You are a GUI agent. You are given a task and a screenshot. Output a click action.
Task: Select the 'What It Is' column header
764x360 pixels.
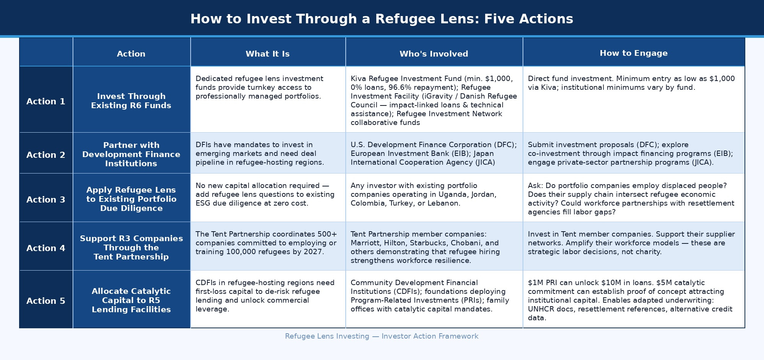click(267, 54)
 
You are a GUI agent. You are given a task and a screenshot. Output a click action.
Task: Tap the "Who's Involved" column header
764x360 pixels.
click(434, 54)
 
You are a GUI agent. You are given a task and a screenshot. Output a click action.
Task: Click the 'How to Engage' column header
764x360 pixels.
click(633, 53)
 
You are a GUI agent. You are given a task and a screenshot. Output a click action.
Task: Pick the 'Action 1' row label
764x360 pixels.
click(46, 101)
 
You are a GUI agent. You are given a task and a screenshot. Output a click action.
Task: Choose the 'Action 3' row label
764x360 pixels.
click(46, 199)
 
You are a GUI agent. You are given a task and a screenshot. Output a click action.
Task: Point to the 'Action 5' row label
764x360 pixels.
click(46, 301)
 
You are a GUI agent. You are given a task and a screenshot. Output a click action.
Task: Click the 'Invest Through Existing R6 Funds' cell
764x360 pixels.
click(131, 101)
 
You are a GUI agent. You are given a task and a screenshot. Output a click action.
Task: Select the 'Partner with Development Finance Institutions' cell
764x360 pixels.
click(131, 154)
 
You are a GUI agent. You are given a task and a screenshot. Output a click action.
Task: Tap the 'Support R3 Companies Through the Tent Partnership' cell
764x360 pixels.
click(131, 248)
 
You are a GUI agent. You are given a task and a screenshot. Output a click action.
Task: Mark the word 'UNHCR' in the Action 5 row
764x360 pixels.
click(539, 309)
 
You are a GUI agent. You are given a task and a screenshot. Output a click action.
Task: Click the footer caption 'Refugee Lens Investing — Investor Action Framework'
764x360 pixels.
click(382, 336)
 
